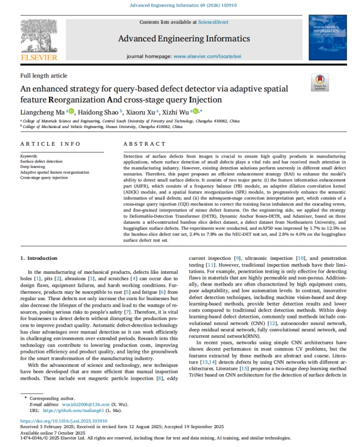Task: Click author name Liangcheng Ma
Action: coord(43,112)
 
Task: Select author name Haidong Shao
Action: coord(98,112)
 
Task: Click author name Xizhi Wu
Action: coord(176,112)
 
